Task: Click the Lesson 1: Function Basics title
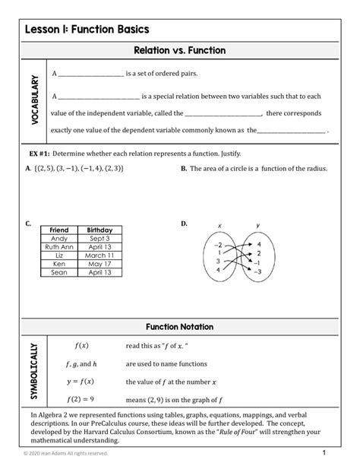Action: click(86, 30)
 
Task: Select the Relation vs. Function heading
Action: click(180, 50)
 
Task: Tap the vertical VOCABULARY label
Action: click(34, 100)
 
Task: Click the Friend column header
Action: click(58, 230)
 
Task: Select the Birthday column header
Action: click(99, 230)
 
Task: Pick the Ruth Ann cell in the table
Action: click(58, 246)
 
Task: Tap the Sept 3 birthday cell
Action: click(99, 238)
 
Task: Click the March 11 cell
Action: click(99, 255)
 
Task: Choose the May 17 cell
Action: click(99, 264)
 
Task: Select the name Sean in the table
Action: click(58, 272)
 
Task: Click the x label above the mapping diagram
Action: click(219, 226)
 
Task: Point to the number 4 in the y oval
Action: click(259, 244)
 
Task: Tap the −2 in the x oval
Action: click(219, 245)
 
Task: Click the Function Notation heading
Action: click(180, 327)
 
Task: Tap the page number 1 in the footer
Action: click(324, 452)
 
